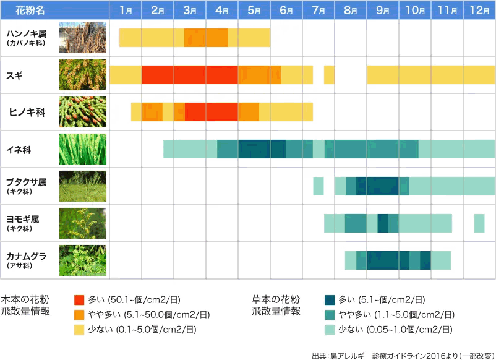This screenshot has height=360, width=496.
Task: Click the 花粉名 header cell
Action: (x=30, y=11)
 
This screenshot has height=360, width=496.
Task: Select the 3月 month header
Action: (x=190, y=11)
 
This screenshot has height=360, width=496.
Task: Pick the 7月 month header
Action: (x=319, y=11)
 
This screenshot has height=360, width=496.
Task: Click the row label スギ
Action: (x=15, y=75)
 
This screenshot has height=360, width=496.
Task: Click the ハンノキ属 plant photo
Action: (x=82, y=38)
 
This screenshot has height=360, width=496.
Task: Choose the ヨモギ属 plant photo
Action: (x=82, y=223)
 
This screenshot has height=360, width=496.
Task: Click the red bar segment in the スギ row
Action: (x=189, y=75)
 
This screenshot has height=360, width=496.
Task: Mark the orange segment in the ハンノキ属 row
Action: (x=206, y=38)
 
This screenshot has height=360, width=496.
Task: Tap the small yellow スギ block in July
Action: (x=329, y=75)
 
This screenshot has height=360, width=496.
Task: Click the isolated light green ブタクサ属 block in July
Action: (x=318, y=186)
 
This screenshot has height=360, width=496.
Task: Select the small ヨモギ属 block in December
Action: (x=479, y=223)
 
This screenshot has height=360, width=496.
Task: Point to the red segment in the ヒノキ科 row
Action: (x=211, y=112)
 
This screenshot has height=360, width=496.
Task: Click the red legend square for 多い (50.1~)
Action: (x=79, y=300)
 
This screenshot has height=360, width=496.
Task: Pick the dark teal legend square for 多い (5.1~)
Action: (x=330, y=300)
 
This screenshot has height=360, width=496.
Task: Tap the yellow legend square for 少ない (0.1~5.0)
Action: (x=79, y=329)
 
